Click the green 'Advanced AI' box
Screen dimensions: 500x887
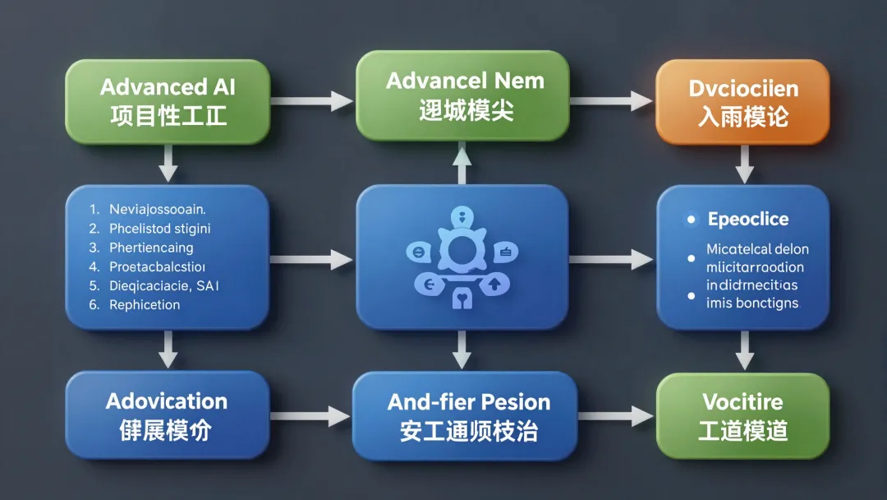(168, 100)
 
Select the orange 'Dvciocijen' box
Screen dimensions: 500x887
(743, 101)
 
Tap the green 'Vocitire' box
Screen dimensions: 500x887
(743, 415)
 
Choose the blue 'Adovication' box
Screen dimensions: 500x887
(168, 415)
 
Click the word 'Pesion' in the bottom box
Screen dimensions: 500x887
(516, 402)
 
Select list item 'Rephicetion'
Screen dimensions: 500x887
(145, 304)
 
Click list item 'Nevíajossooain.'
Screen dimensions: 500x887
(157, 209)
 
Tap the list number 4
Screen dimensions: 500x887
(94, 266)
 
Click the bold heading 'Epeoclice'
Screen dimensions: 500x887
(748, 220)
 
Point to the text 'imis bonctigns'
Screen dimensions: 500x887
(752, 303)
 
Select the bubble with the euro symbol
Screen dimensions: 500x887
(429, 285)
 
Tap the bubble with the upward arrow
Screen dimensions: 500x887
(495, 285)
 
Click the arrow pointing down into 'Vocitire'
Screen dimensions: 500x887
(744, 350)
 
